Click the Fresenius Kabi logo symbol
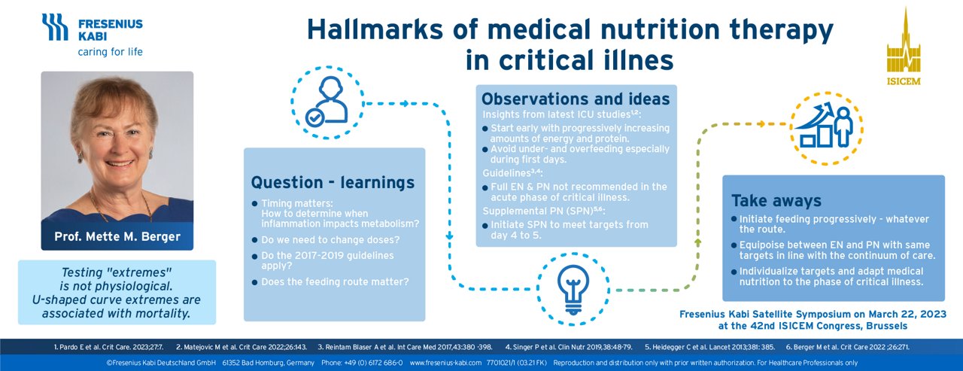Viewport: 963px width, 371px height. [55, 26]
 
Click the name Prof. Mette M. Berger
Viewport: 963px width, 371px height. [117, 236]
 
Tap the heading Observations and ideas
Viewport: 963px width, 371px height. [575, 99]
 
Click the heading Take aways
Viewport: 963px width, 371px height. [776, 201]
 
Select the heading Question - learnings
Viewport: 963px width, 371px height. [332, 182]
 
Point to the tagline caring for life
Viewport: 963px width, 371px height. [110, 52]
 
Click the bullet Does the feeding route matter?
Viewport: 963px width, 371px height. [335, 281]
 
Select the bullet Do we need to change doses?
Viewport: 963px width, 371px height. [325, 240]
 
